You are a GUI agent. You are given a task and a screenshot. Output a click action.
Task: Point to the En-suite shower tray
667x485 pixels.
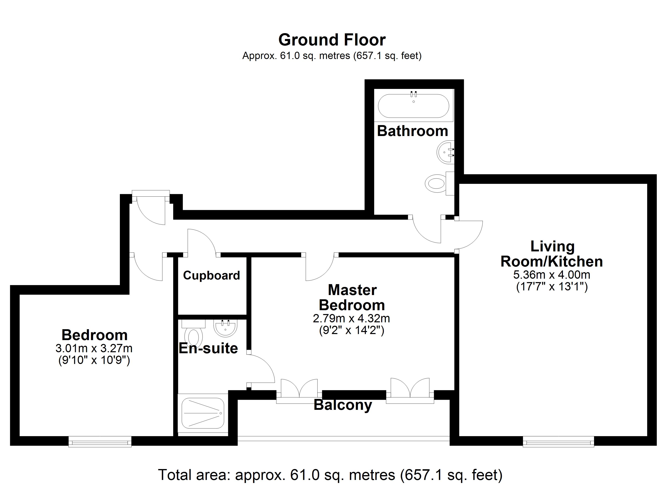tap(203, 413)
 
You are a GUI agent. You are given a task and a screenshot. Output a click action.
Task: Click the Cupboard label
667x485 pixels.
tap(211, 276)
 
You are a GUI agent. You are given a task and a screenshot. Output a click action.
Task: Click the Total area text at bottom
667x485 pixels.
tap(330, 475)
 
